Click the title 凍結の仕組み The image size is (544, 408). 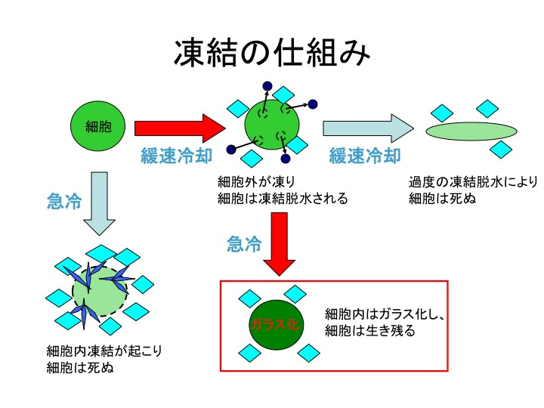coord(272,53)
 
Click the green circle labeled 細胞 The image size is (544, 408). coord(97,126)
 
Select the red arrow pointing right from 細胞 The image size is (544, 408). coord(180,128)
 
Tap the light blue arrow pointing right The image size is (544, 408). coord(369,128)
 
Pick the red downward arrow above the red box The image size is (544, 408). coord(280,244)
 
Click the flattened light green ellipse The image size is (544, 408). coord(471,131)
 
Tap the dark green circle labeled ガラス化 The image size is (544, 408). coord(277,324)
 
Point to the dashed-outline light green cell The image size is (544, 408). coord(100,292)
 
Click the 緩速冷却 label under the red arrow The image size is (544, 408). coord(176,156)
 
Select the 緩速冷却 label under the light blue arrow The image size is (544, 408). coord(365,156)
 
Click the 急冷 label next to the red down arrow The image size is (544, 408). coord(244,244)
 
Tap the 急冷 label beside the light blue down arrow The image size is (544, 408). coord(64,201)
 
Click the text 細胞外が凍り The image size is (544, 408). coord(256,181)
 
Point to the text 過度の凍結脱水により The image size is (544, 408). coord(473,181)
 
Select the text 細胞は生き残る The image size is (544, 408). coord(369,330)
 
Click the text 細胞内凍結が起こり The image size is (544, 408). coord(104,351)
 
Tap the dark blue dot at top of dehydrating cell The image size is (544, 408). coord(267,85)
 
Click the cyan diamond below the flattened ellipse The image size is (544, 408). coord(501,150)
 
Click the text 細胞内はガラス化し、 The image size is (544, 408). coord(385,314)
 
